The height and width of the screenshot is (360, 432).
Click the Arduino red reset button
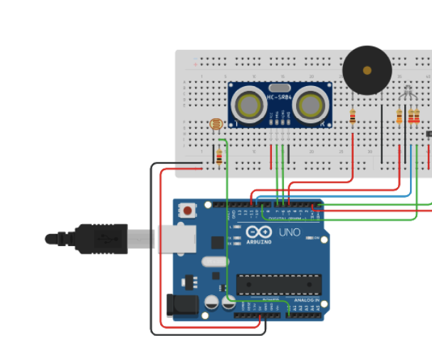coord(188,211)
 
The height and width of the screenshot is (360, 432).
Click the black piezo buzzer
coord(367,70)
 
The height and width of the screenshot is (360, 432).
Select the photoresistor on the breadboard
coord(216,125)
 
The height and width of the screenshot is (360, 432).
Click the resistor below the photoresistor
coord(218,157)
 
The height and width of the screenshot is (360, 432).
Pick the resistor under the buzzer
coord(353,115)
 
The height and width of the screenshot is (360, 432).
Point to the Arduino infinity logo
coord(256,232)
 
